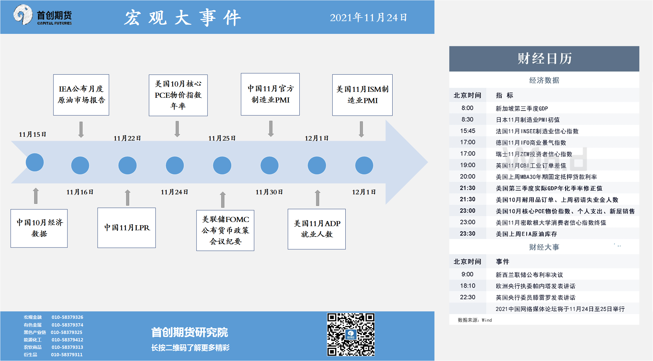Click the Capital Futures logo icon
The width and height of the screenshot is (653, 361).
click(x=23, y=15)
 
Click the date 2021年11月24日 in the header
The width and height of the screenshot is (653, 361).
click(x=368, y=18)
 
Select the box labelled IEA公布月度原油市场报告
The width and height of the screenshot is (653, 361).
click(x=81, y=95)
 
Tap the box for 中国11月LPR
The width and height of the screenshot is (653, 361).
click(x=127, y=228)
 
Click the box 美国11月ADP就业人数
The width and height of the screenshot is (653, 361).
click(x=317, y=229)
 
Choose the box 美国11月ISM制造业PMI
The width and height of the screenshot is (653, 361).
click(x=362, y=95)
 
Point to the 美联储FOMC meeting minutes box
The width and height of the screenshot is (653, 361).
click(x=225, y=230)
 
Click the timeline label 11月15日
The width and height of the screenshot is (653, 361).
click(x=32, y=134)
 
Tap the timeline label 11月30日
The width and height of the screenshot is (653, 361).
click(x=269, y=192)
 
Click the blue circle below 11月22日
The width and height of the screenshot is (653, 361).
click(x=127, y=165)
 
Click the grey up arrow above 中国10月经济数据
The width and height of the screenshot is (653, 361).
click(x=36, y=196)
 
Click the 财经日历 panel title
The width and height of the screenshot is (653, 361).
click(x=544, y=58)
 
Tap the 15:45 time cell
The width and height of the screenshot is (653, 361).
click(x=468, y=131)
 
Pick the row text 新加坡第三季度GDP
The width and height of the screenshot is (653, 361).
click(x=522, y=108)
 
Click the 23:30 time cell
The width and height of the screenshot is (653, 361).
click(x=468, y=234)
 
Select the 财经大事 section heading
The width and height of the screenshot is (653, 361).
click(x=544, y=247)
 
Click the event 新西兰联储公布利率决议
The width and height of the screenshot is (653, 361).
click(x=529, y=275)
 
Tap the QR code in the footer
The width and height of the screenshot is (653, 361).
click(x=351, y=334)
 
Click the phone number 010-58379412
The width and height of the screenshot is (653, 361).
click(x=67, y=340)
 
